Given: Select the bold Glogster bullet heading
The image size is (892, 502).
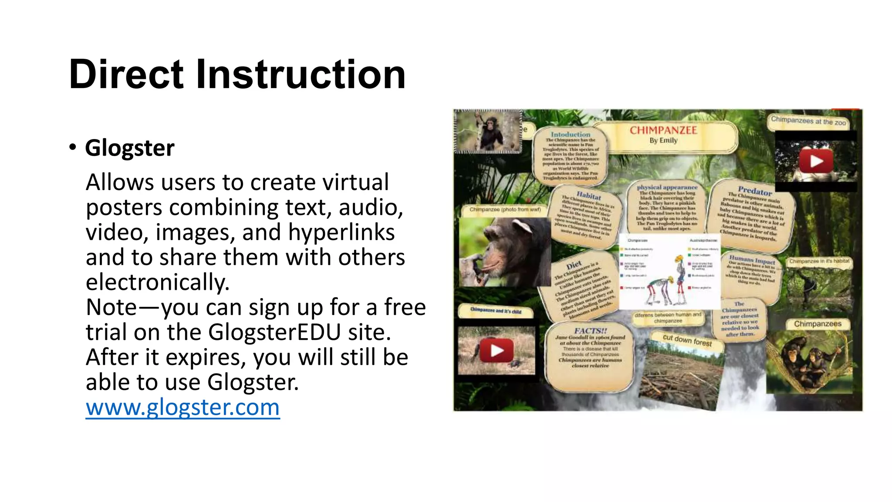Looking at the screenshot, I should pyautogui.click(x=129, y=148).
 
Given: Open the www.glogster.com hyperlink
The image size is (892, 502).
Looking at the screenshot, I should pyautogui.click(x=182, y=407).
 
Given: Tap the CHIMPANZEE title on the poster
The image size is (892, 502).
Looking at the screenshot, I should pyautogui.click(x=663, y=130).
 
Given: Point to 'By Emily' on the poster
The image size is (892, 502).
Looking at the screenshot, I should pyautogui.click(x=663, y=141).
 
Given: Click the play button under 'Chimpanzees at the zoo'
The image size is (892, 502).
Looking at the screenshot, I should pyautogui.click(x=816, y=161).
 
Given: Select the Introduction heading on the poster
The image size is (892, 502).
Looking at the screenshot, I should pyautogui.click(x=570, y=135).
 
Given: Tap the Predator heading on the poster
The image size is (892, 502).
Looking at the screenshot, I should pyautogui.click(x=755, y=191).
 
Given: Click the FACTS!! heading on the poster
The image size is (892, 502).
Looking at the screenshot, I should pyautogui.click(x=590, y=331).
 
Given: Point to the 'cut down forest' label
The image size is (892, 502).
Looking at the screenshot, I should pyautogui.click(x=687, y=340).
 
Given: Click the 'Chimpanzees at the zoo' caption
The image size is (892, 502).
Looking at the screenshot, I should pyautogui.click(x=808, y=121).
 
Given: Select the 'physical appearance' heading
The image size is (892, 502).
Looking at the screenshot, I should pyautogui.click(x=667, y=187).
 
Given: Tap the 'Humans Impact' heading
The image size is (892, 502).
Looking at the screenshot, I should pyautogui.click(x=752, y=260).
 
